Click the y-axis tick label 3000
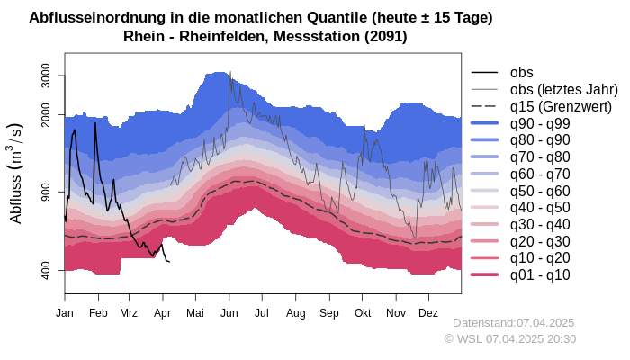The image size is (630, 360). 47,76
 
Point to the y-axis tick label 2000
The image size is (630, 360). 47,115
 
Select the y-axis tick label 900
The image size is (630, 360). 47,193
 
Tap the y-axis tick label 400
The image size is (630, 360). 47,270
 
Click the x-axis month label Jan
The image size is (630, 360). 65,313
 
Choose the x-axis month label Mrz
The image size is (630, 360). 129,313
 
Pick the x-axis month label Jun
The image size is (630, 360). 229,313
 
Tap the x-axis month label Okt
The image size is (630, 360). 363,313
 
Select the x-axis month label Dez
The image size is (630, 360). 428,313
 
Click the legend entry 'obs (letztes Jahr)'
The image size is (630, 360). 563,89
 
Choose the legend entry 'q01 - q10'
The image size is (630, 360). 540,274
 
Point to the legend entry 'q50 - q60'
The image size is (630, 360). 540,191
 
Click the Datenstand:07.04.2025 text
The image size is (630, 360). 513,322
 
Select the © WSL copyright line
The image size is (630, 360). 509,338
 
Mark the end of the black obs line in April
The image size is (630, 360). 169,262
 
